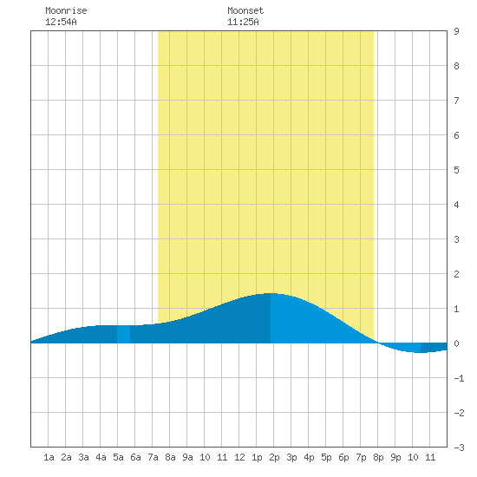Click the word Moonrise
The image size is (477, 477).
(66, 10)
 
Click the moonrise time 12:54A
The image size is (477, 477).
(61, 22)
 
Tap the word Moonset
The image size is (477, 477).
(245, 10)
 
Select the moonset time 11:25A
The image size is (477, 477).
(243, 22)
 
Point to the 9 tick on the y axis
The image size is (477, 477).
(456, 31)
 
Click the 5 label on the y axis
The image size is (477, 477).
(456, 170)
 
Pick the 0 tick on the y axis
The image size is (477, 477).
(456, 343)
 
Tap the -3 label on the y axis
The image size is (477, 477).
(459, 448)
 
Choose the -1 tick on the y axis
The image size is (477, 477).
(459, 378)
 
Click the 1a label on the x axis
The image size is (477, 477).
(49, 457)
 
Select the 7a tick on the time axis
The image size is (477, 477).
(153, 457)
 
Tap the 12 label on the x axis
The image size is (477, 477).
(239, 457)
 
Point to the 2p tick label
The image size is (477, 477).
(274, 457)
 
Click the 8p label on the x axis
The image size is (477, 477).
(378, 457)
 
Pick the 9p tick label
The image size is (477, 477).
(395, 457)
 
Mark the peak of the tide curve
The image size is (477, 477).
(271, 293)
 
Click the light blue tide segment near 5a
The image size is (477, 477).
(123, 334)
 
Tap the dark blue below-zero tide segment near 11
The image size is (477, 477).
(434, 347)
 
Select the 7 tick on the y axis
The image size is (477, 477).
(456, 101)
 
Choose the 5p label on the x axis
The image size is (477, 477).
(326, 457)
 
